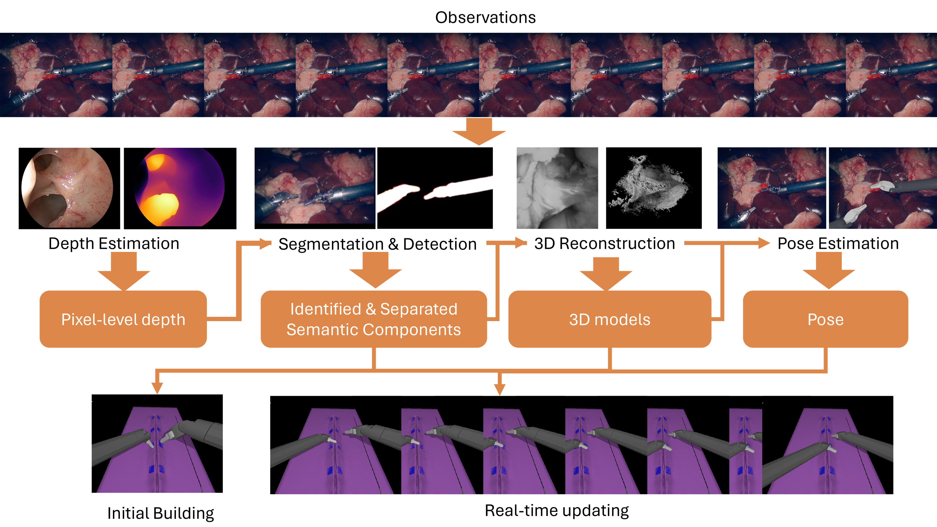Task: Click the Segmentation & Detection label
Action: point(377,244)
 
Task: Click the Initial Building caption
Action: point(160,513)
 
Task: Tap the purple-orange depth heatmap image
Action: point(180,188)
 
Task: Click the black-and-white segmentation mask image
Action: point(435,188)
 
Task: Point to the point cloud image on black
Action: point(654,188)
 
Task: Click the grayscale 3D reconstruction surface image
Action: point(557,188)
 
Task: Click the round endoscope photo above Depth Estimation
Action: point(69,188)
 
